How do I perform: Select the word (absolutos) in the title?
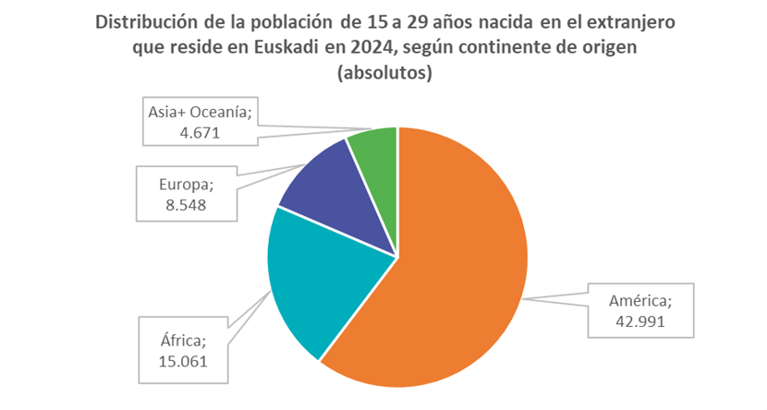pyautogui.click(x=383, y=72)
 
